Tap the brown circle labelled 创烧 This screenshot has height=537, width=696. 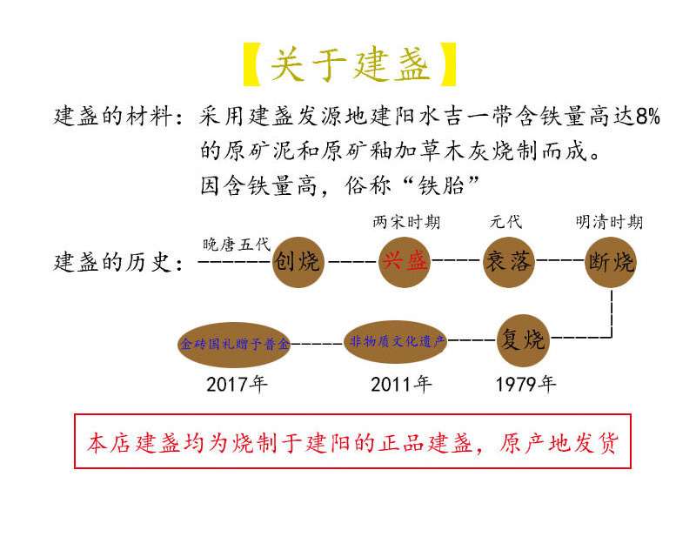click(x=298, y=260)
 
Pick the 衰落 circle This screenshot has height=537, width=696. click(x=508, y=260)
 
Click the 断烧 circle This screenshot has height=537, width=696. click(x=612, y=260)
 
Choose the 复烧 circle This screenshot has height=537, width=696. click(x=525, y=339)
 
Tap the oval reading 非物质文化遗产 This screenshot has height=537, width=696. click(x=397, y=341)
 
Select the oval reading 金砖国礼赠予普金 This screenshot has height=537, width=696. click(x=234, y=344)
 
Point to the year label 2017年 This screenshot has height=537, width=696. click(x=237, y=384)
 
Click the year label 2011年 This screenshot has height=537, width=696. click(x=401, y=384)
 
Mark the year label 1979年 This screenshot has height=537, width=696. click(x=525, y=384)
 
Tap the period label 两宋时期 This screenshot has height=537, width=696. click(x=406, y=223)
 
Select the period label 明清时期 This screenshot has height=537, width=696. click(x=609, y=223)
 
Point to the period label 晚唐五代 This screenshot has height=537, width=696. click(x=237, y=243)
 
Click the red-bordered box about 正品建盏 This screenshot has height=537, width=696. click(x=352, y=444)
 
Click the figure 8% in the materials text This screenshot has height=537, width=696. click(x=647, y=117)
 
